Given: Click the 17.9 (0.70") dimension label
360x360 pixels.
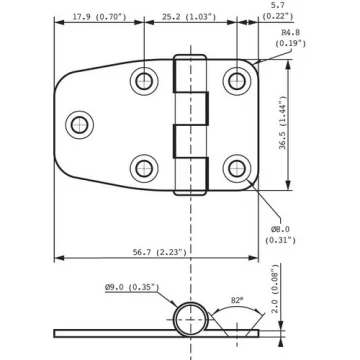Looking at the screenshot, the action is [100, 17].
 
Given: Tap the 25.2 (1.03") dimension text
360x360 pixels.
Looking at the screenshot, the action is [189, 17].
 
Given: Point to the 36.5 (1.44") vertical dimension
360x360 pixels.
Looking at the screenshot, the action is [283, 123].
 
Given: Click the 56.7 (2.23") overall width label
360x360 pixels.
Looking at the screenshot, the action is [160, 252].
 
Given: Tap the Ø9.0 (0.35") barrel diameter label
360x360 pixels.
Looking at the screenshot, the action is [132, 287].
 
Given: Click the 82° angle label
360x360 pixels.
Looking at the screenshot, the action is [236, 300].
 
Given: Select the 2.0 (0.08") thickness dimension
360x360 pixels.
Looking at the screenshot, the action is [274, 291].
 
